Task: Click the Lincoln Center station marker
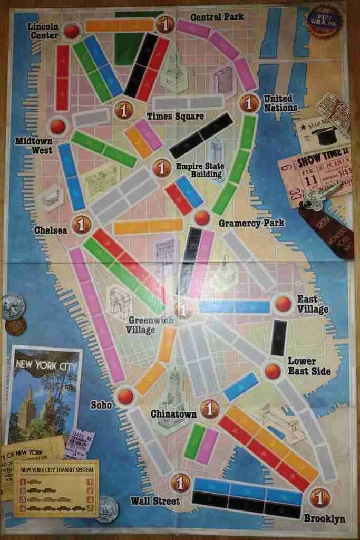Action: point(72,32)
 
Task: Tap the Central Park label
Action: point(217,17)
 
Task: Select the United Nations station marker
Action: point(249,102)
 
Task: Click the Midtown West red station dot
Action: point(57,126)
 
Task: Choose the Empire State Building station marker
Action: point(161,168)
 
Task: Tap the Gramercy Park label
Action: point(251,223)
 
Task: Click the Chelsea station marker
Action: point(81,224)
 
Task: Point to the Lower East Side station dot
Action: point(273,371)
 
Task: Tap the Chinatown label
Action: point(173,414)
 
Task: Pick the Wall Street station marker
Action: point(180,481)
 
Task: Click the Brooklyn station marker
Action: point(319,497)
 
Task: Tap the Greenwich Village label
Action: point(141,325)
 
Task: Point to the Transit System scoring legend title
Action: point(56,469)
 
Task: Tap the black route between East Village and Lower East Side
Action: point(278,337)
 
